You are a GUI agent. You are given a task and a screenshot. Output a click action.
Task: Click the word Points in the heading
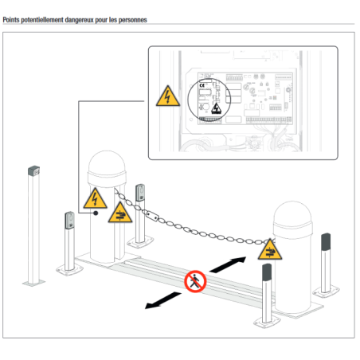[11, 20]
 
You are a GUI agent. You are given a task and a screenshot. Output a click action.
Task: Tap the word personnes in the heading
[132, 20]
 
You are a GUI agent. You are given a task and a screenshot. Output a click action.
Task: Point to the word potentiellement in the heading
[42, 20]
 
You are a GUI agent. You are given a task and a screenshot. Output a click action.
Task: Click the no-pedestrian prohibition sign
[195, 281]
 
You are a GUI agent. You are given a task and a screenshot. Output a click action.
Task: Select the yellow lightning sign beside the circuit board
[168, 96]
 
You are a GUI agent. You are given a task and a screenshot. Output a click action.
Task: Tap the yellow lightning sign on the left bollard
[95, 198]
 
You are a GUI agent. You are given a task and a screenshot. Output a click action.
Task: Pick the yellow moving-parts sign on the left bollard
[120, 213]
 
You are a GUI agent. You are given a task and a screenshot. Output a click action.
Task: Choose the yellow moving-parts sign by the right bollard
[270, 249]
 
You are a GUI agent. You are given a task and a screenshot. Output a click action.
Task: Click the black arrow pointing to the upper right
[228, 264]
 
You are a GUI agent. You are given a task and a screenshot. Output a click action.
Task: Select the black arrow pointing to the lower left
[163, 300]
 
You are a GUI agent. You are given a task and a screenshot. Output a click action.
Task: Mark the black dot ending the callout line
[96, 213]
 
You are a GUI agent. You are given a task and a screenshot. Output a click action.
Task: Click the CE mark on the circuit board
[202, 85]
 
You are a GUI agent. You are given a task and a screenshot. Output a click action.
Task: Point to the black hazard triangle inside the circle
[217, 108]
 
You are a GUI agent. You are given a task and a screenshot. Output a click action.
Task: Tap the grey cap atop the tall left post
[33, 170]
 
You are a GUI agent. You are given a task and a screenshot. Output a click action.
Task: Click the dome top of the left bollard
[107, 162]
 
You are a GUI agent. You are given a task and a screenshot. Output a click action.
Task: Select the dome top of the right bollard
[292, 213]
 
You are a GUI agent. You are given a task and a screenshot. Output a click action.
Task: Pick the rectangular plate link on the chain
[151, 215]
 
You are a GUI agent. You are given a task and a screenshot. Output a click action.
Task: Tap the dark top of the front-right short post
[267, 272]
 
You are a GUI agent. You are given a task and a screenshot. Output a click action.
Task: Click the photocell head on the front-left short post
[69, 221]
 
